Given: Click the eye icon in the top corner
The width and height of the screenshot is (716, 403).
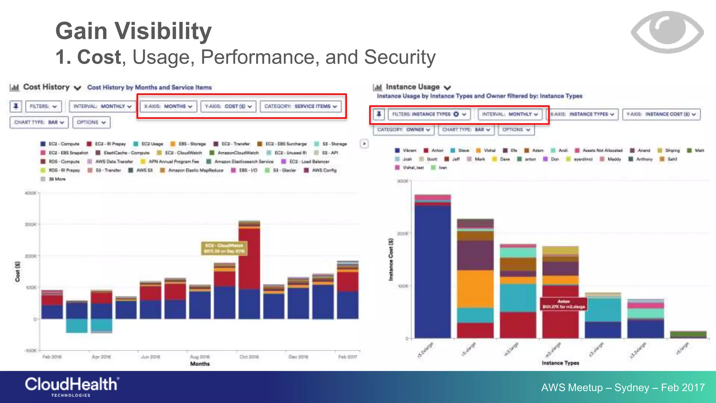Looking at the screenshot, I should point(667,32).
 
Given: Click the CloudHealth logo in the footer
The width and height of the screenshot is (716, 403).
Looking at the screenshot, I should point(72,386).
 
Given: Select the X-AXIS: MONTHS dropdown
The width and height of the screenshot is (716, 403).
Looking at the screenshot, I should point(169,106).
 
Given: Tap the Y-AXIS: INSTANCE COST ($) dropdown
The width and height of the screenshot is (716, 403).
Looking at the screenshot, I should point(661,114).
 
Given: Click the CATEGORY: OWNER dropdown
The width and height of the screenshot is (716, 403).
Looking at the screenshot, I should point(403,130).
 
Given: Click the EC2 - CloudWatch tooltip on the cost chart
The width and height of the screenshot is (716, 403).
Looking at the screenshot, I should point(224,248).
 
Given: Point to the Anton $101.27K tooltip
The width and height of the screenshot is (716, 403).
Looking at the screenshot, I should point(563,304).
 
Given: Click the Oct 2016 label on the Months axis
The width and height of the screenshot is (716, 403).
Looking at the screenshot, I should point(249,357).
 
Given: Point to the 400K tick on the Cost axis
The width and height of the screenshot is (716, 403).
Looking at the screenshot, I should point(31,193).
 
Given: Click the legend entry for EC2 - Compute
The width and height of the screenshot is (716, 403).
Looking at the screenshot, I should point(60,144).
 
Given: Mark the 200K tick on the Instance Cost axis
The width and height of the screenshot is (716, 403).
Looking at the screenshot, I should point(403,233).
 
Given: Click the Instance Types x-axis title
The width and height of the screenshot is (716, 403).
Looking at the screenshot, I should point(560,363).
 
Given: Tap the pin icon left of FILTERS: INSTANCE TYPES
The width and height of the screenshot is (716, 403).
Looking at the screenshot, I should point(379,114).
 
